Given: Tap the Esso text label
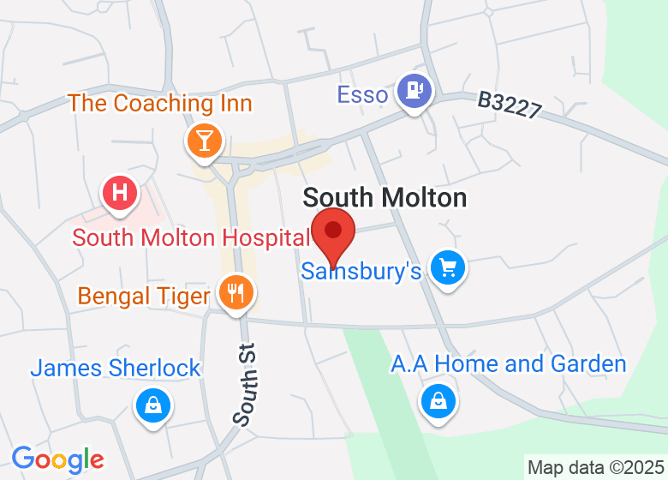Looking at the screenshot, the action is point(362,94).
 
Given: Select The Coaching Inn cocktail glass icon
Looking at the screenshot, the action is point(204,139).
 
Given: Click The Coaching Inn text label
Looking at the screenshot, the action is point(160,104).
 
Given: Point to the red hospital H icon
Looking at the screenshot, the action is point(121,192).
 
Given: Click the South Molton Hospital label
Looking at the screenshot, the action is point(191,237).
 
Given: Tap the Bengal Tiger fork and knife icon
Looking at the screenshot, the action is point(234,292).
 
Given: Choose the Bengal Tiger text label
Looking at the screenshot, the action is point(144,297).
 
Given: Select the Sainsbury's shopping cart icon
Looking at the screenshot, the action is point(446,268).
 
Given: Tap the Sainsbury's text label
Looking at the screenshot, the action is point(361,272).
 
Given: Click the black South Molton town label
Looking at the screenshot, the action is point(385,198).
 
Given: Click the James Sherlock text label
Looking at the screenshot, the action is point(116,369).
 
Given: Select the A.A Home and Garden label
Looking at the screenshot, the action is point(509,363).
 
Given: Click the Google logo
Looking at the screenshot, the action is point(57,459).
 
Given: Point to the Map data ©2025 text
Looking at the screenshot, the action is point(594,468).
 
